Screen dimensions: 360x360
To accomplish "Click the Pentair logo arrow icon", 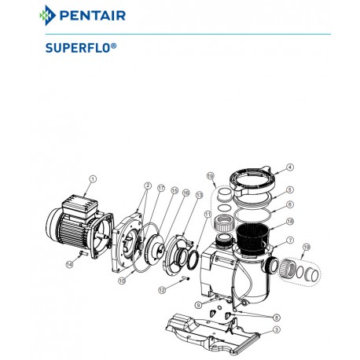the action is [47, 16].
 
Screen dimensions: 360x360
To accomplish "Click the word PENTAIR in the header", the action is [93, 16].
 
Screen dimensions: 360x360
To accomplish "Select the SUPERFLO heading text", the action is [81, 48].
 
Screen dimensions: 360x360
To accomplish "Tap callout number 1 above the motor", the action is [93, 179].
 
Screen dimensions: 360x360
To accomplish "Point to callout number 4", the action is [289, 167].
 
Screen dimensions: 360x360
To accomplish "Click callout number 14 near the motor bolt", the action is [69, 264].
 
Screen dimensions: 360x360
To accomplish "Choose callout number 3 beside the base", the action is [277, 329].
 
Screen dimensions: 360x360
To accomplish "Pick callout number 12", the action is [162, 290].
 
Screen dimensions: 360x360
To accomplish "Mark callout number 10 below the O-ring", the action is [122, 281].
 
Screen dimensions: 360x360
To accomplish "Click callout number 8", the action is [277, 318].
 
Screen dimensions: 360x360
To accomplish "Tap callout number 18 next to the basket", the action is [290, 222].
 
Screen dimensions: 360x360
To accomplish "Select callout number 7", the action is [290, 241].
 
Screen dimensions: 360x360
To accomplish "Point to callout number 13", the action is [200, 195].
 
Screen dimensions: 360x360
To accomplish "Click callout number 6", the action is [290, 204].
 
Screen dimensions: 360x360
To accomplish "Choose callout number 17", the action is [161, 188].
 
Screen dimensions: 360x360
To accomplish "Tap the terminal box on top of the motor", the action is [79, 206].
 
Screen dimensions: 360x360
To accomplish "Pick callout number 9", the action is [198, 305].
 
